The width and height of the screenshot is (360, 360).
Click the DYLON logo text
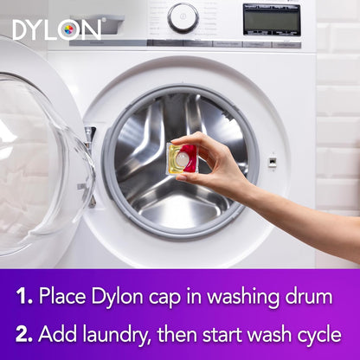[57, 29]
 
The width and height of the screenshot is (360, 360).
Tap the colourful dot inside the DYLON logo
[68, 29]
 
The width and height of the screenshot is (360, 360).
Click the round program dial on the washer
[183, 17]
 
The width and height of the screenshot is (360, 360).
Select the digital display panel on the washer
[272, 18]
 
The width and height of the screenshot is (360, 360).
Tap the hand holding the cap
[212, 159]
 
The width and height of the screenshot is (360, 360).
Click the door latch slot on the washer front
[273, 161]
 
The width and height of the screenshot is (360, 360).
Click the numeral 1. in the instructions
[25, 297]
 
